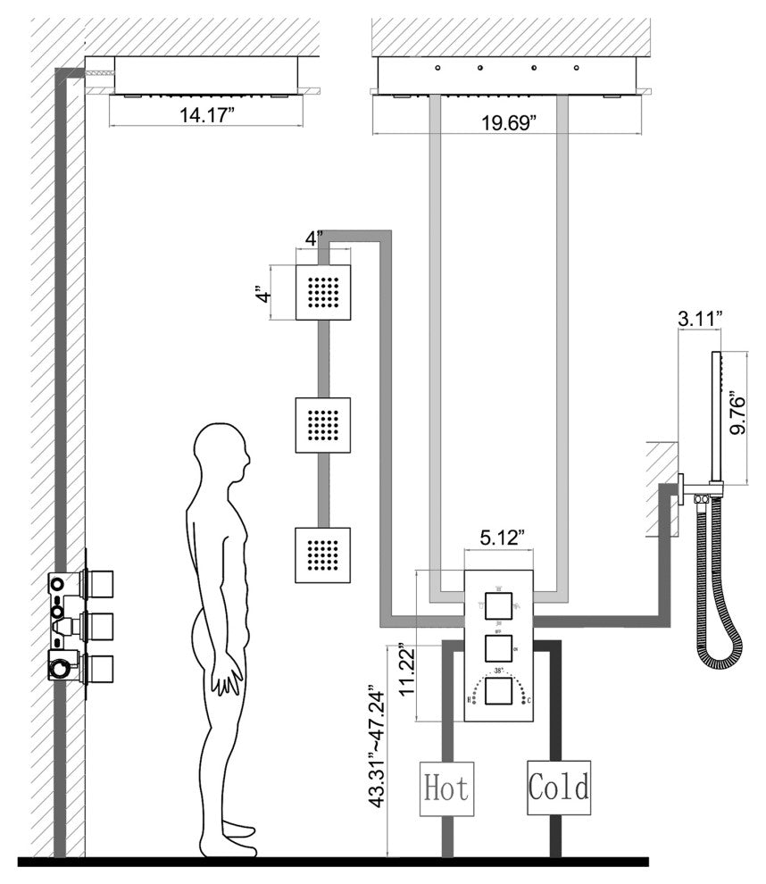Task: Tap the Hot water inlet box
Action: [445, 788]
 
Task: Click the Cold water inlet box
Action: [559, 788]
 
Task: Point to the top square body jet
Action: [322, 293]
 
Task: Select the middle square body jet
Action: [322, 424]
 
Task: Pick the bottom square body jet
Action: [322, 555]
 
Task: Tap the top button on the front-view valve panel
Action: [499, 606]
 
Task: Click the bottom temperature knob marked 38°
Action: [499, 690]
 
